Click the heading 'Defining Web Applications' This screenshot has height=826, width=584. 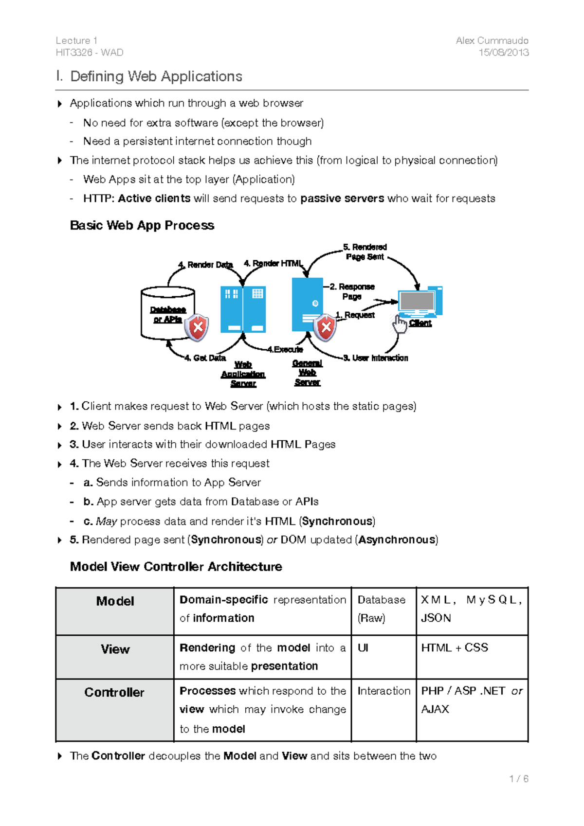point(156,76)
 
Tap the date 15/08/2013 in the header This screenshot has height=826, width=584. point(503,53)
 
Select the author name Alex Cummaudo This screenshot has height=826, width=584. point(492,40)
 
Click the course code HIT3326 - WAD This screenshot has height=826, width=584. point(90,53)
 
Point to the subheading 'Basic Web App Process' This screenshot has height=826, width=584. point(142,225)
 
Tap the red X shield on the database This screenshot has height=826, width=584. point(197,327)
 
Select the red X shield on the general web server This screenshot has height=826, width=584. point(326,327)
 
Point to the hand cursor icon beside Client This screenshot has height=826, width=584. point(400,323)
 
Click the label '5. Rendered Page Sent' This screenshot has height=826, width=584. point(365,252)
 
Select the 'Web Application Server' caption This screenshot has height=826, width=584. point(243,374)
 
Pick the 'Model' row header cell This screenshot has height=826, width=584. point(115,611)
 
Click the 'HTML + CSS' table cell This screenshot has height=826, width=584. point(454,648)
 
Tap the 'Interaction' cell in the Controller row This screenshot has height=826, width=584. point(383,691)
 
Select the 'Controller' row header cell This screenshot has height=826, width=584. point(115,709)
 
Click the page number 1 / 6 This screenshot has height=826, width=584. point(518,779)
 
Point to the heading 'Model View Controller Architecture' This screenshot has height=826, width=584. point(176,567)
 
